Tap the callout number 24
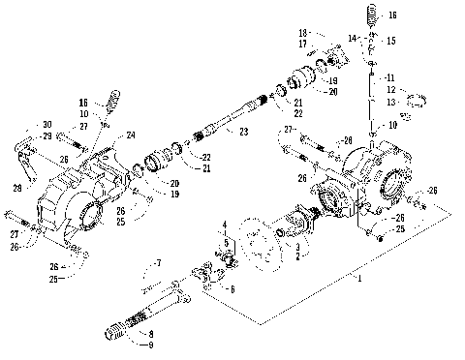tap(131, 135)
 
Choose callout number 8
tap(151, 332)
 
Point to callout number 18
tap(303, 32)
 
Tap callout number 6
tap(232, 289)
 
